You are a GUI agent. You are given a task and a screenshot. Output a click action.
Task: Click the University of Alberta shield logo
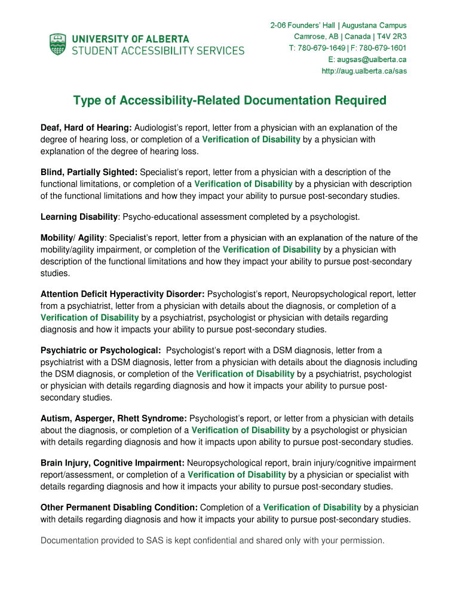click(58, 45)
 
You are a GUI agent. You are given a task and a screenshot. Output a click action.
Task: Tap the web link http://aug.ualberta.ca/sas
click(364, 71)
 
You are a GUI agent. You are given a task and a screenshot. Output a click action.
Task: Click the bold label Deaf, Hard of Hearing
click(86, 128)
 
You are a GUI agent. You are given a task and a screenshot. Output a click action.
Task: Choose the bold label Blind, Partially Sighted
click(89, 172)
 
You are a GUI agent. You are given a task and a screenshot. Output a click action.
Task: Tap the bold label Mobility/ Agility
click(72, 238)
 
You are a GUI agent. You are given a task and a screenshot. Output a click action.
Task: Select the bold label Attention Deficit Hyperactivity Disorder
click(122, 294)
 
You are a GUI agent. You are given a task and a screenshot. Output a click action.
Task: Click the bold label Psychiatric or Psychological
click(100, 350)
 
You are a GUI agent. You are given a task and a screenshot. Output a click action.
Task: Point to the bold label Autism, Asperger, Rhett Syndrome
click(114, 418)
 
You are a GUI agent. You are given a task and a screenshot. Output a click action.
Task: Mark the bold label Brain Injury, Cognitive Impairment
click(112, 463)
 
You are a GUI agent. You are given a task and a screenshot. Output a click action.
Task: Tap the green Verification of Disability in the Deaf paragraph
click(251, 139)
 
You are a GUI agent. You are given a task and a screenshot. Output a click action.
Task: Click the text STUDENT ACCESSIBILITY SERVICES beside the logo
click(158, 51)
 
